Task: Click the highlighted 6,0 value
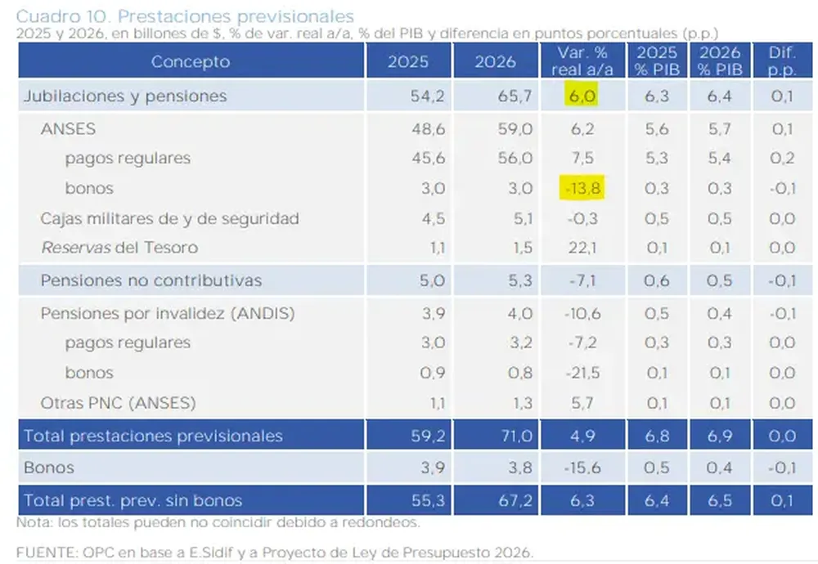pyautogui.click(x=582, y=96)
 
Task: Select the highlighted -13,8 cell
pyautogui.click(x=582, y=188)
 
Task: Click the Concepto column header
pyautogui.click(x=191, y=61)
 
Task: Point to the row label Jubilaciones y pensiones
pyautogui.click(x=125, y=96)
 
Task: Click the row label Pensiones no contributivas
pyautogui.click(x=151, y=280)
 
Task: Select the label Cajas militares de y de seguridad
pyautogui.click(x=170, y=218)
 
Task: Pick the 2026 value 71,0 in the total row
pyautogui.click(x=516, y=436)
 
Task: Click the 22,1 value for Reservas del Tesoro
pyautogui.click(x=582, y=248)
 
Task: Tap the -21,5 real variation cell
pyautogui.click(x=582, y=373)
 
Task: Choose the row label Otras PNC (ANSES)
pyautogui.click(x=119, y=402)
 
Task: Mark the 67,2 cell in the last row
pyautogui.click(x=516, y=500)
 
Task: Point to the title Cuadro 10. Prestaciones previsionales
pyautogui.click(x=185, y=16)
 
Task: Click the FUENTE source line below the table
pyautogui.click(x=273, y=552)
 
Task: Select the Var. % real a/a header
pyautogui.click(x=582, y=61)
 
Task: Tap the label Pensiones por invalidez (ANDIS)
pyautogui.click(x=168, y=313)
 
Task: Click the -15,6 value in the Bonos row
pyautogui.click(x=582, y=468)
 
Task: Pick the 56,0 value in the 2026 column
pyautogui.click(x=516, y=158)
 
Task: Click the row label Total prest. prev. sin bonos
pyautogui.click(x=133, y=500)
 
